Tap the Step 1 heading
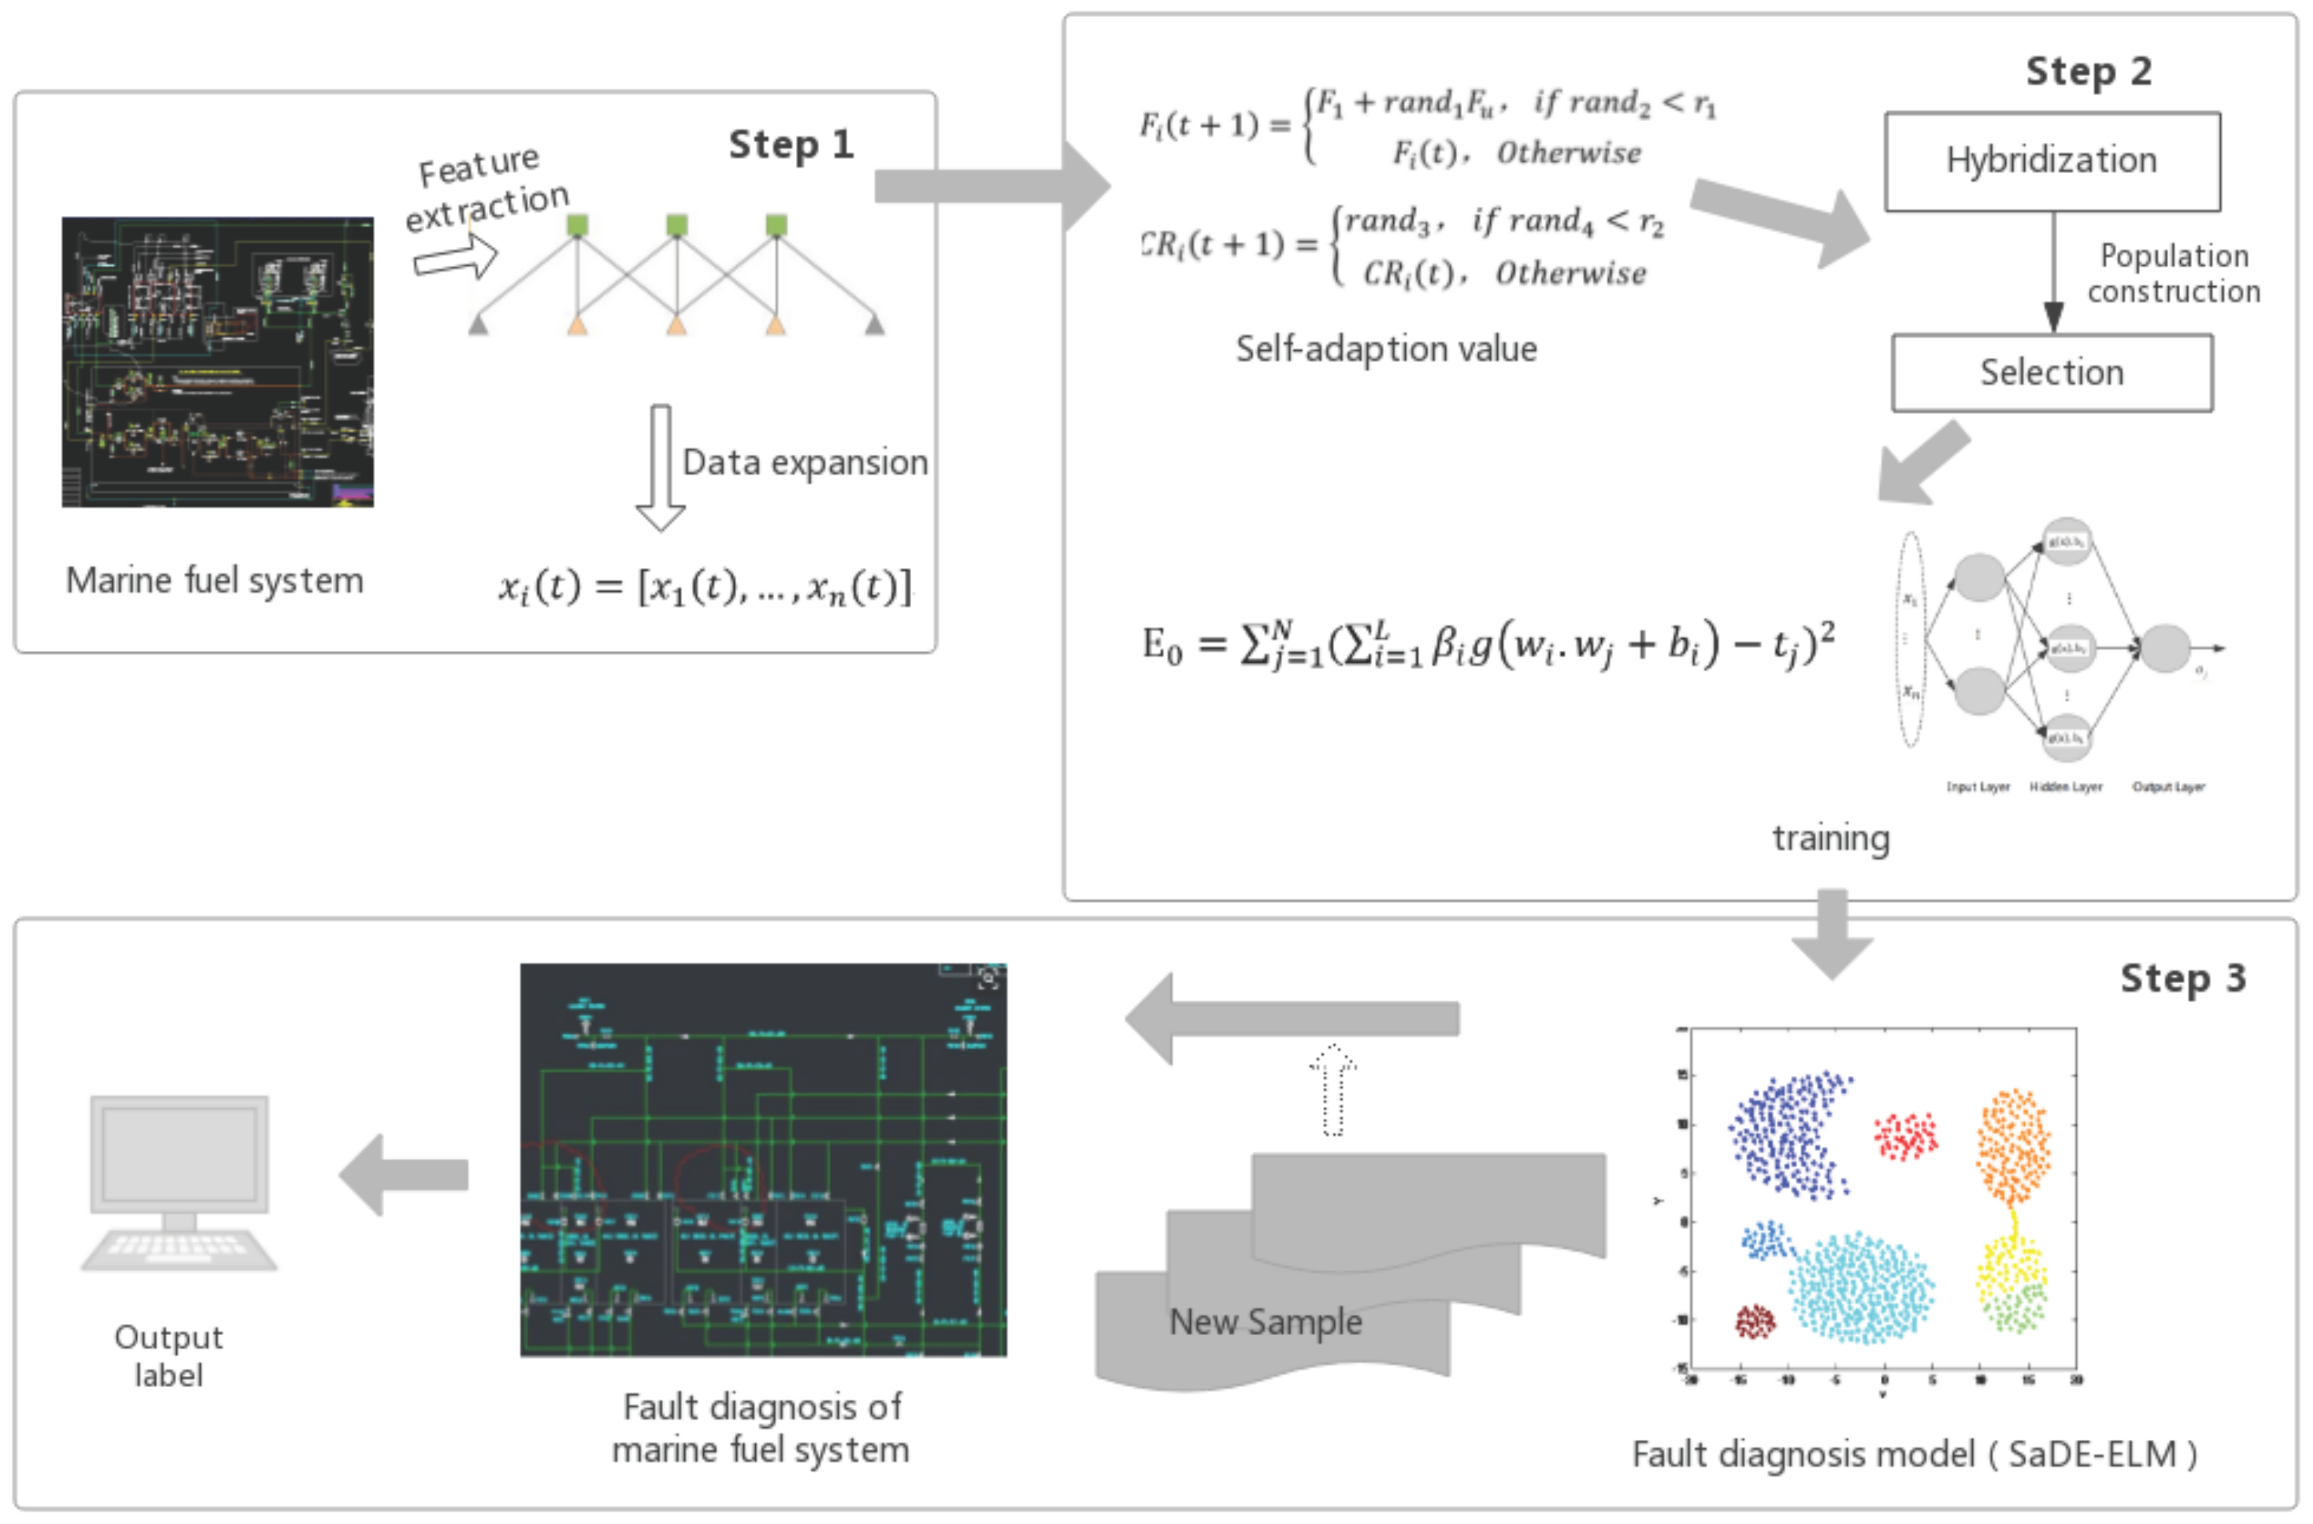click(790, 145)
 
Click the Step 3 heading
click(2182, 978)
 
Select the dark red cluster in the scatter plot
click(1755, 1322)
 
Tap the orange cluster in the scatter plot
click(2014, 1147)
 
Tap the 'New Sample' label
click(1265, 1322)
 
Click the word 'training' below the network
click(1831, 838)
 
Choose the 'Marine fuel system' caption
click(214, 580)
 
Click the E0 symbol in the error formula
click(1162, 646)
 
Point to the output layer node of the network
click(2166, 648)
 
